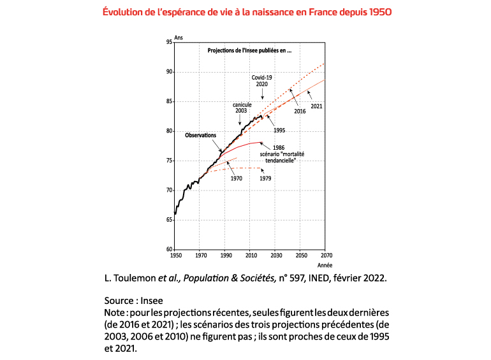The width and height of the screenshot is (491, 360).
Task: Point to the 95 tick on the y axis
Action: coord(169,42)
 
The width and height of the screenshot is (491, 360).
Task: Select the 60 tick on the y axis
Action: coord(169,249)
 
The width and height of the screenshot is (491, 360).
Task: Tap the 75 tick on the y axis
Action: coord(169,161)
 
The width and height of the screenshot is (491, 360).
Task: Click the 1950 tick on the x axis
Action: coord(175,256)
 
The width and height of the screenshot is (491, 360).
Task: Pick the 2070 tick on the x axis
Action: coord(325,256)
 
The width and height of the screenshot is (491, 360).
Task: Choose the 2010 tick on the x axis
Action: coord(250,256)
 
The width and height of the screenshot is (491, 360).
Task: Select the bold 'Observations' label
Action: coord(200,135)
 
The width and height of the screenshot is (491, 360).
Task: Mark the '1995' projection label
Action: coord(279,130)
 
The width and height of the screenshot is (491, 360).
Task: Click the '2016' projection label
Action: coord(300,111)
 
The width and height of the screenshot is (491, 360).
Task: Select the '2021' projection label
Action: coord(316,106)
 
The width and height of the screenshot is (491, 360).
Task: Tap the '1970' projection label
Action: coord(235,178)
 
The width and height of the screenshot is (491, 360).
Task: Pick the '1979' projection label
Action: coord(265,178)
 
